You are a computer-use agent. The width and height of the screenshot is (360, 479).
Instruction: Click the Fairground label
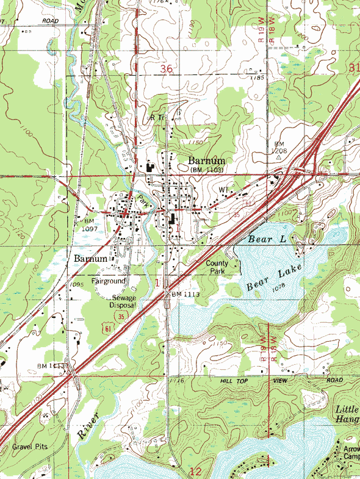[109, 281]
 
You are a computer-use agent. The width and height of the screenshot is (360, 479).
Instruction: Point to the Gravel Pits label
[30, 447]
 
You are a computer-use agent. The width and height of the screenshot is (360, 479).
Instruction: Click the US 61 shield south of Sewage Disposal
[109, 329]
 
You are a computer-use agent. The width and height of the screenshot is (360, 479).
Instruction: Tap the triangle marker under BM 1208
[278, 157]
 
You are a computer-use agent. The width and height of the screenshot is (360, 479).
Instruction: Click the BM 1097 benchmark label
[90, 224]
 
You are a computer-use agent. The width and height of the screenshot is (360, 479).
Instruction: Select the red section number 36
[167, 70]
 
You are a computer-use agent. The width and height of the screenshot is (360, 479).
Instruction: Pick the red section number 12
[195, 471]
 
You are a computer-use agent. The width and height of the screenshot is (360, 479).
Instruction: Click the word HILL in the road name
[228, 380]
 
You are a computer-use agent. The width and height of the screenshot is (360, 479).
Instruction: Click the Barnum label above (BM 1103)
[202, 160]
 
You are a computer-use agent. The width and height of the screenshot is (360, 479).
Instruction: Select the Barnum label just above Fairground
[91, 259]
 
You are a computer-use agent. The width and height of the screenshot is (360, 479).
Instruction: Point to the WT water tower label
[223, 190]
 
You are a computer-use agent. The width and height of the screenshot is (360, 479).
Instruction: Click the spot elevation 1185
[257, 78]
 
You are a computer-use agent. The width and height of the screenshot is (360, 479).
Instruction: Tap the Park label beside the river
[142, 199]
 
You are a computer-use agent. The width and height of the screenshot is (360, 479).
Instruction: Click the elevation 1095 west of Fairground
[76, 284]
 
